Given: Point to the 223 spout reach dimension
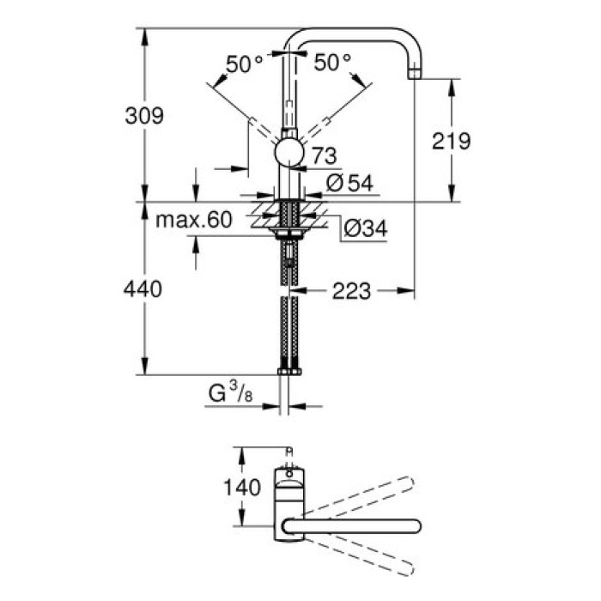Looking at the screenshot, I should pos(349,292).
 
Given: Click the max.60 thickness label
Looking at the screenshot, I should pos(194,221).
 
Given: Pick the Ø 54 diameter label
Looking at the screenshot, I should pos(349,182).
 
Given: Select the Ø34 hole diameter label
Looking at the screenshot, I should pos(364,228).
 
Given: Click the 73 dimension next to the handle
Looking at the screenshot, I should pos(322,155).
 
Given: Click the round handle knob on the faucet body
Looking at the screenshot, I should pos(288,154).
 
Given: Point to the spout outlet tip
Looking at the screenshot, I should pos(416,74).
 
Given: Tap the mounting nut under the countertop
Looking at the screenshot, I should pos(288,231).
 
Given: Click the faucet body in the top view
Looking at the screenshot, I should pos(288,502).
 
